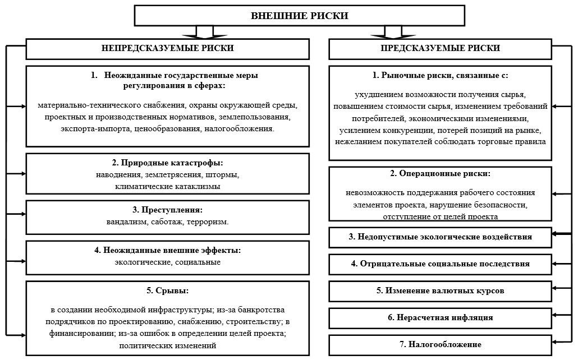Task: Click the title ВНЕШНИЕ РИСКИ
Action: pos(299,16)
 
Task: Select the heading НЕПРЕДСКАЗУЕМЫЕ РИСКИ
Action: pos(167,48)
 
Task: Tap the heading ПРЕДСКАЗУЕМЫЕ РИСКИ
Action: pos(440,48)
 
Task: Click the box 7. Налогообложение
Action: pos(440,345)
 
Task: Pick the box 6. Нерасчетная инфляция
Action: pos(440,318)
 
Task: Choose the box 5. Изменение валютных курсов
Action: pos(440,291)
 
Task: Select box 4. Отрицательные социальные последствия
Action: pos(440,264)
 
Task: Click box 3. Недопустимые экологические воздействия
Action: pos(440,237)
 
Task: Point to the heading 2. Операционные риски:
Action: pos(440,174)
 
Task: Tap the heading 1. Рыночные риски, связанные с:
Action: pos(440,76)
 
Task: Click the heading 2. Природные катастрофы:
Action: pos(167,163)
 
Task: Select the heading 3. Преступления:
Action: pos(167,210)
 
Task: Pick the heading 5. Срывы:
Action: pos(167,290)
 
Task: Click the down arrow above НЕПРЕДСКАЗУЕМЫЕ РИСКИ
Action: pos(205,32)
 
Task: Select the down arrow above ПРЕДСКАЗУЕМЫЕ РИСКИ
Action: pos(393,32)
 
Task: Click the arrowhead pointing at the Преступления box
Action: pos(23,214)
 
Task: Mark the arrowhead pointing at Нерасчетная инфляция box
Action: pos(555,315)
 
